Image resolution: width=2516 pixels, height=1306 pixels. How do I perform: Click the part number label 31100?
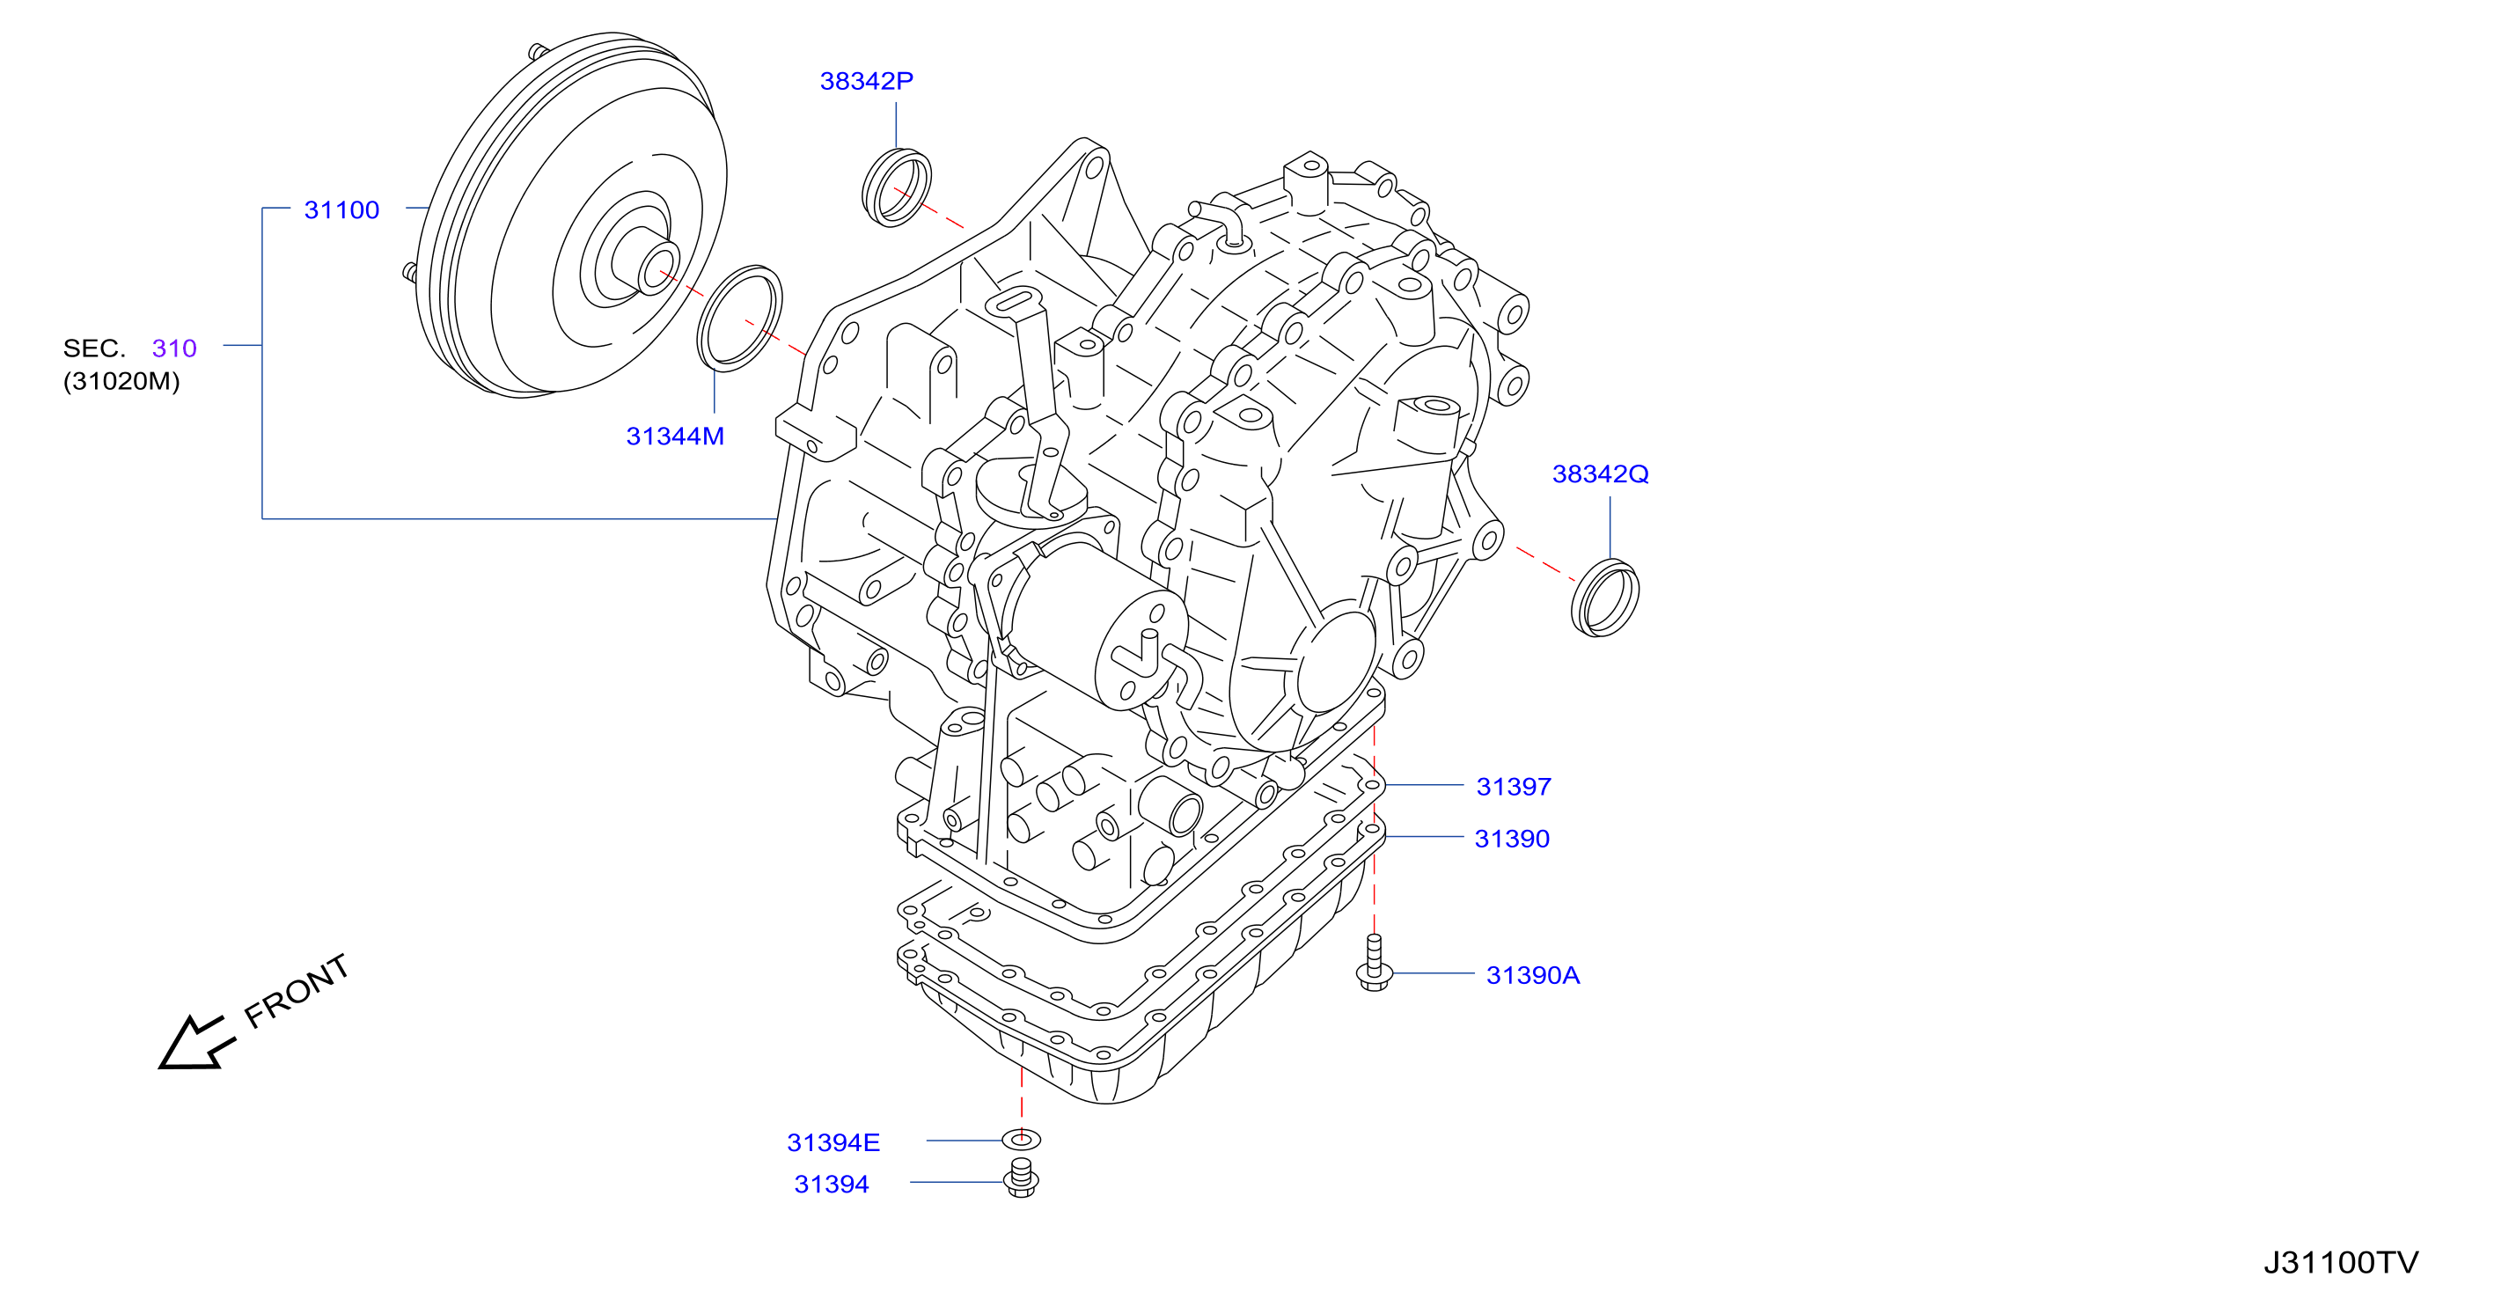(x=341, y=210)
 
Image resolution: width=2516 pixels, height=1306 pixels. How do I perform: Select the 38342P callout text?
(x=866, y=81)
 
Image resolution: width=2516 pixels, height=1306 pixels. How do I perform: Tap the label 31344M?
(x=675, y=437)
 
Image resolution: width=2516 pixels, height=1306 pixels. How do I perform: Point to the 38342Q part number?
(x=1600, y=473)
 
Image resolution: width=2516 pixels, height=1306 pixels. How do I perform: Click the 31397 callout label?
(x=1513, y=787)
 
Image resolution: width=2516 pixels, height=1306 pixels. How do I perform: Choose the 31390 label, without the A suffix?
(x=1512, y=839)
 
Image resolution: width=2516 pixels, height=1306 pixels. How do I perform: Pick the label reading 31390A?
(x=1532, y=975)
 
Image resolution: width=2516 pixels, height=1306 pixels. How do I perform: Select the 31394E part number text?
(x=833, y=1143)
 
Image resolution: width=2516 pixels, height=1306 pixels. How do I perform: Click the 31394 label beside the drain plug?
(x=831, y=1184)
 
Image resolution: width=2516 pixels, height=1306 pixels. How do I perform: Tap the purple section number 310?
(x=174, y=349)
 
